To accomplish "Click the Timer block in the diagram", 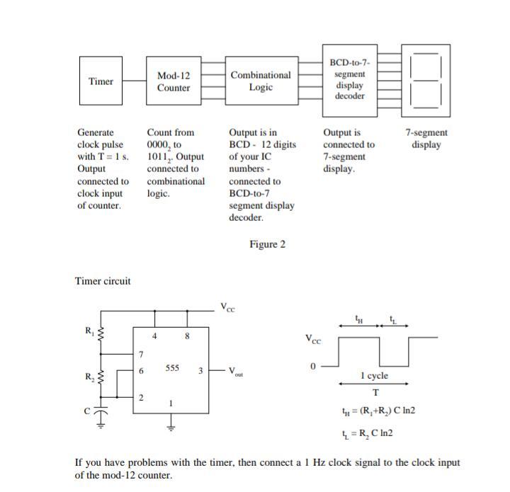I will click(x=101, y=81).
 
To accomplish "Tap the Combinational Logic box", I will click(x=260, y=81).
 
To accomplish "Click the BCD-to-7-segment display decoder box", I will click(x=350, y=79).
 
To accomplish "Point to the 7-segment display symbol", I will click(x=426, y=79).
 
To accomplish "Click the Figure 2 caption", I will click(x=267, y=244).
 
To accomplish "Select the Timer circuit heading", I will click(x=103, y=281).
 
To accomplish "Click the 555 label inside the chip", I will click(x=172, y=368).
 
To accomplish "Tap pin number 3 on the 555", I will click(x=200, y=370).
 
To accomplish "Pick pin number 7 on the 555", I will click(x=141, y=354).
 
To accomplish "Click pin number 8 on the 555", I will click(x=187, y=336).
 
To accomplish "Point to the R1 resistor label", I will click(x=89, y=331).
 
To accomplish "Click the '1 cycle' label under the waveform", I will click(x=374, y=376).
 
